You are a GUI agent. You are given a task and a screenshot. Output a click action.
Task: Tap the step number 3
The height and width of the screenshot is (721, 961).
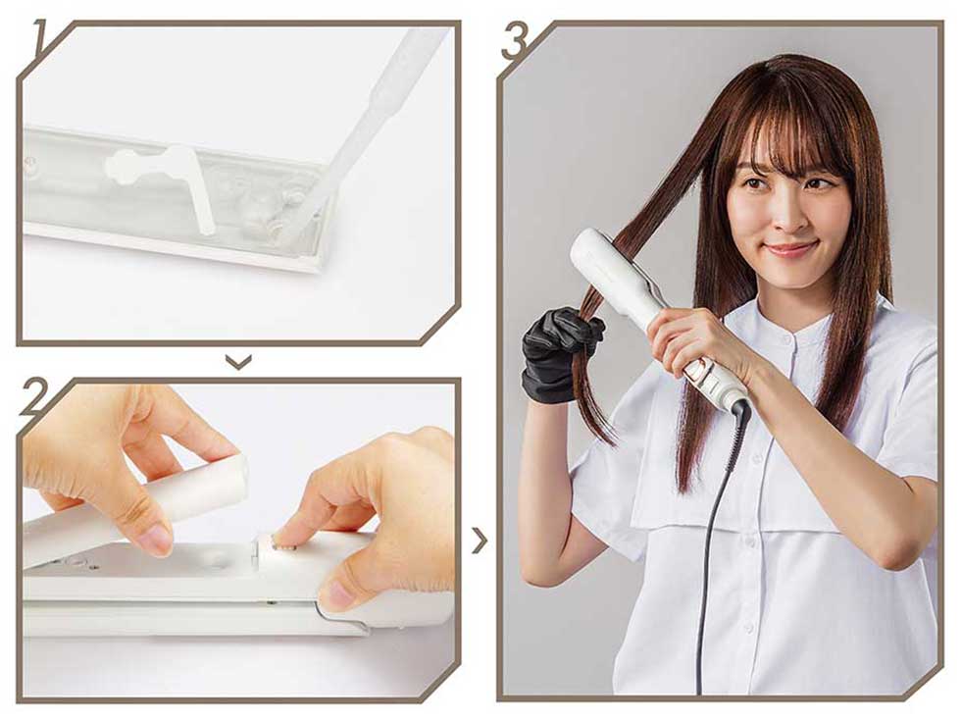(x=514, y=40)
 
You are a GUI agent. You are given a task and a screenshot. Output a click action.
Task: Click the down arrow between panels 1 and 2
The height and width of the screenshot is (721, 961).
(x=238, y=362)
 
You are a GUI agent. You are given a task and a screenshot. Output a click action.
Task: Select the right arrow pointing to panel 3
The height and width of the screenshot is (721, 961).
(x=481, y=541)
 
